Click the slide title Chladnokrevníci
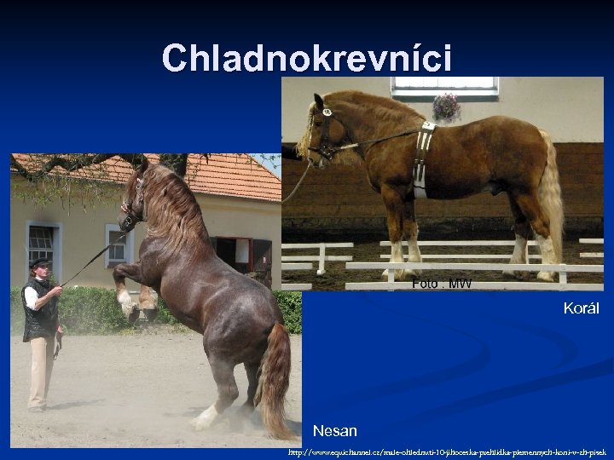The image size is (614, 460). point(307,58)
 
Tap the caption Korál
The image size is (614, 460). point(581,308)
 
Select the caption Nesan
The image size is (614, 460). point(334,431)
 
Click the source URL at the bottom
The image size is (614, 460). point(447,452)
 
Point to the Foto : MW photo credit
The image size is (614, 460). point(441,283)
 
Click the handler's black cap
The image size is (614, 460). point(40,262)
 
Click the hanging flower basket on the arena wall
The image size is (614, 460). point(445,107)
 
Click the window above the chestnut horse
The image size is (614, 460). point(443,84)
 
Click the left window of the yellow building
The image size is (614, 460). point(43,247)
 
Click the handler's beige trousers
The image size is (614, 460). point(40,371)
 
